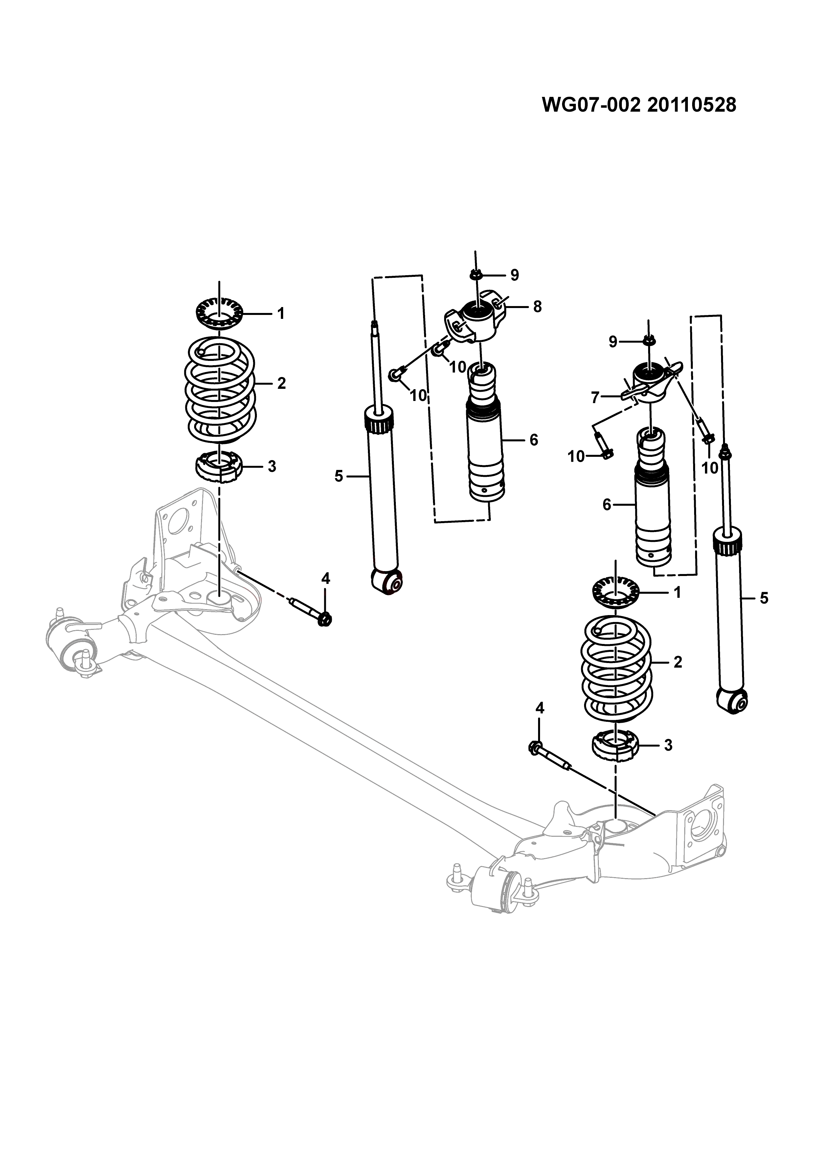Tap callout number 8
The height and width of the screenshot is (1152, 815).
[537, 306]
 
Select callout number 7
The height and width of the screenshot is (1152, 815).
[595, 398]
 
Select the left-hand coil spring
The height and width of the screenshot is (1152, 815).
[220, 390]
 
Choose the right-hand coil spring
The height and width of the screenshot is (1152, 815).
[616, 669]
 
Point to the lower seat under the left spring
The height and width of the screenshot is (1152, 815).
[219, 467]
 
